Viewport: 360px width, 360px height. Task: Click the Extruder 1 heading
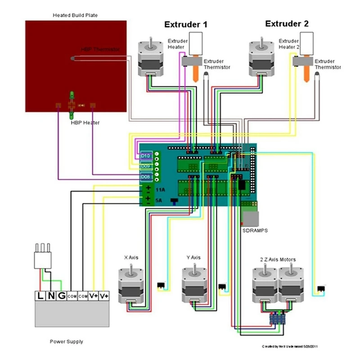pyautogui.click(x=185, y=24)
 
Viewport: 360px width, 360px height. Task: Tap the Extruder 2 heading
pyautogui.click(x=287, y=23)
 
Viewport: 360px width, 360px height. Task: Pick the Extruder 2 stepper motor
pyautogui.click(x=260, y=58)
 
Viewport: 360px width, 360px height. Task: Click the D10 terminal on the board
pyautogui.click(x=145, y=155)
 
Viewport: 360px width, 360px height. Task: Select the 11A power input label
pyautogui.click(x=159, y=190)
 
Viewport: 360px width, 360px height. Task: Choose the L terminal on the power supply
pyautogui.click(x=40, y=296)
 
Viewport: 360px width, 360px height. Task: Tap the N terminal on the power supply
pyautogui.click(x=50, y=296)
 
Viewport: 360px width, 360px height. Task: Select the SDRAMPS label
pyautogui.click(x=255, y=230)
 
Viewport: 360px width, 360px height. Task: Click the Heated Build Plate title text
pyautogui.click(x=75, y=15)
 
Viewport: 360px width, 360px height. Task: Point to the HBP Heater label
pyautogui.click(x=85, y=122)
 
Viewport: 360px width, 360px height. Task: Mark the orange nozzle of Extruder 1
pyautogui.click(x=196, y=73)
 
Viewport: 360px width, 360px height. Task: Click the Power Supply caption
pyautogui.click(x=66, y=342)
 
